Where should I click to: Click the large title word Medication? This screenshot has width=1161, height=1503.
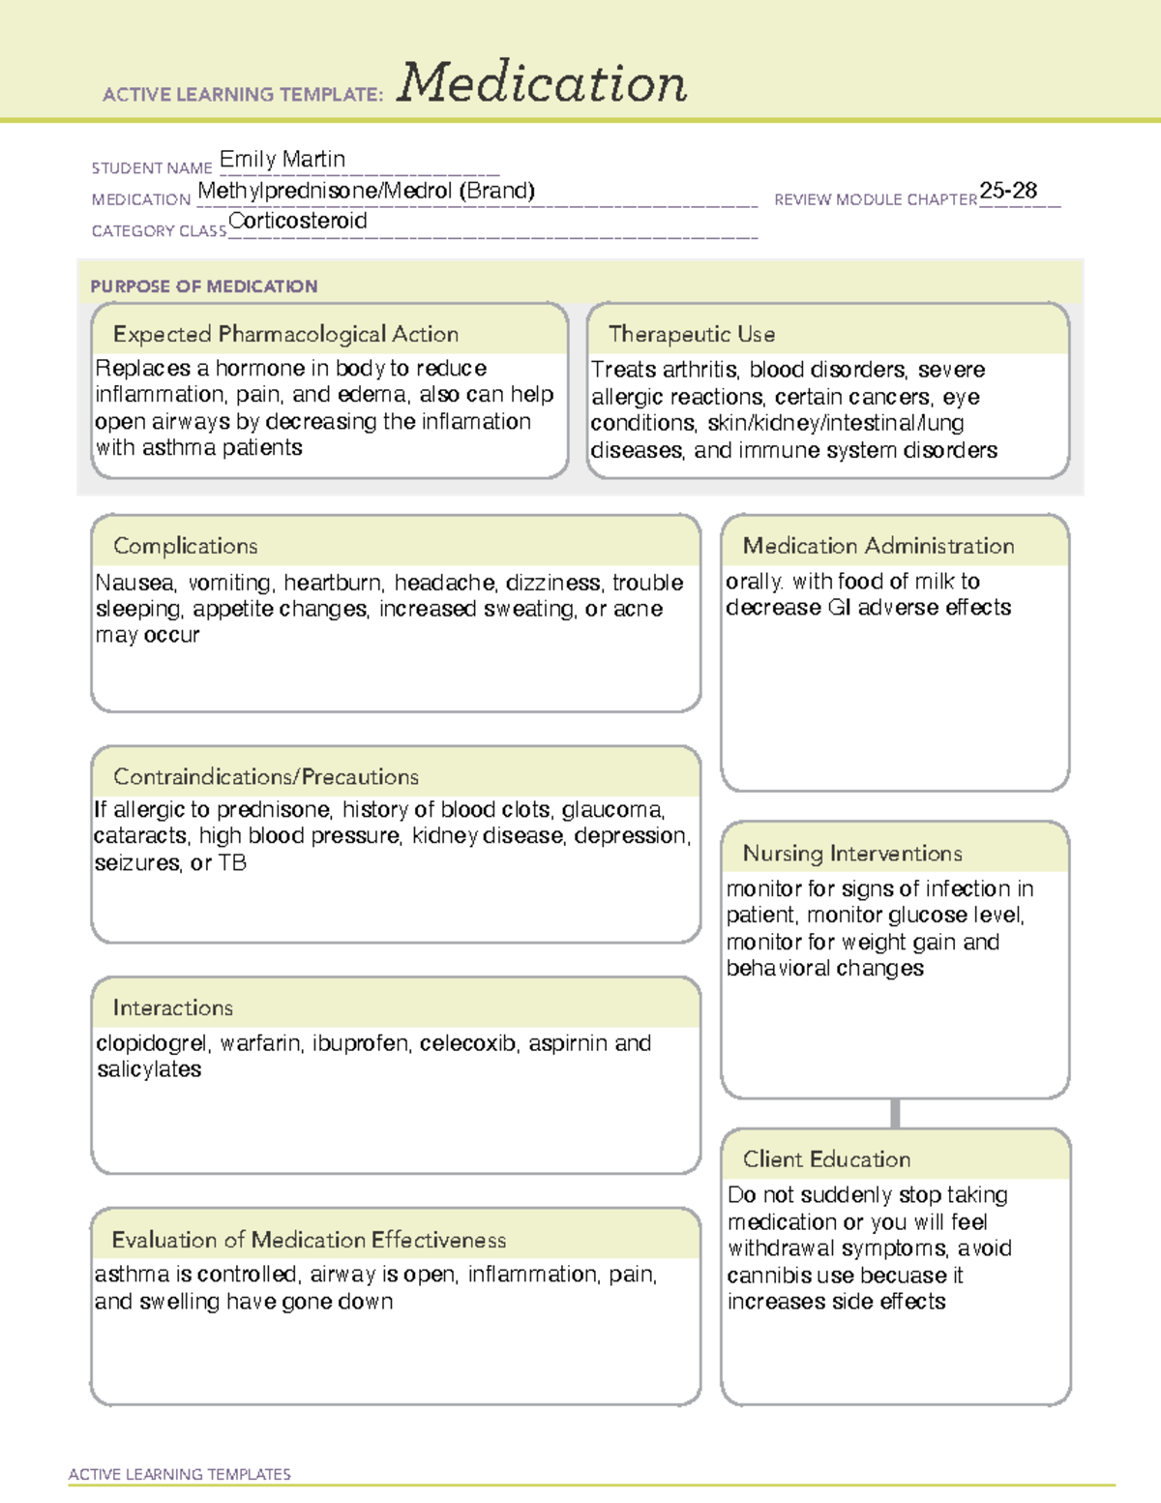(x=542, y=83)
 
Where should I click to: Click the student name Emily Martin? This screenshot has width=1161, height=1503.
(x=282, y=159)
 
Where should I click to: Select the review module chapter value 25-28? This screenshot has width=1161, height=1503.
(x=1008, y=191)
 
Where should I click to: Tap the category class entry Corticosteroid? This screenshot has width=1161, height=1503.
(x=298, y=221)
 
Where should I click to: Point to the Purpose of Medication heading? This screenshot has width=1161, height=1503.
(x=203, y=286)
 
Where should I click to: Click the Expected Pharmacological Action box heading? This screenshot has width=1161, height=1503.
(x=285, y=334)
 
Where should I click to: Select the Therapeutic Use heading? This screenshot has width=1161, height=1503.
(x=691, y=334)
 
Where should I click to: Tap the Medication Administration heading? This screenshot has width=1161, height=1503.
(x=878, y=546)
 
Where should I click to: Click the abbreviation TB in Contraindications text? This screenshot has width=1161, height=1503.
(x=232, y=862)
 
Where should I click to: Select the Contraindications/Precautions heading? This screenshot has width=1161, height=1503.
(x=265, y=776)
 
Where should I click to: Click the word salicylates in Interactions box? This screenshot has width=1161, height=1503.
(x=149, y=1069)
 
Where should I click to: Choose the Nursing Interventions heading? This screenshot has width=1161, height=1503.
(x=851, y=853)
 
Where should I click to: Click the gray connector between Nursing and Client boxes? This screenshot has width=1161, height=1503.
(x=895, y=1113)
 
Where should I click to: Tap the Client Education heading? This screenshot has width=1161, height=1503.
(x=826, y=1158)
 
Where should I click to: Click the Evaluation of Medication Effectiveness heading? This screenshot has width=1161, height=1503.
(x=309, y=1240)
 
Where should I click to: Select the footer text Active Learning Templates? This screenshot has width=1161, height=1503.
(x=179, y=1474)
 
